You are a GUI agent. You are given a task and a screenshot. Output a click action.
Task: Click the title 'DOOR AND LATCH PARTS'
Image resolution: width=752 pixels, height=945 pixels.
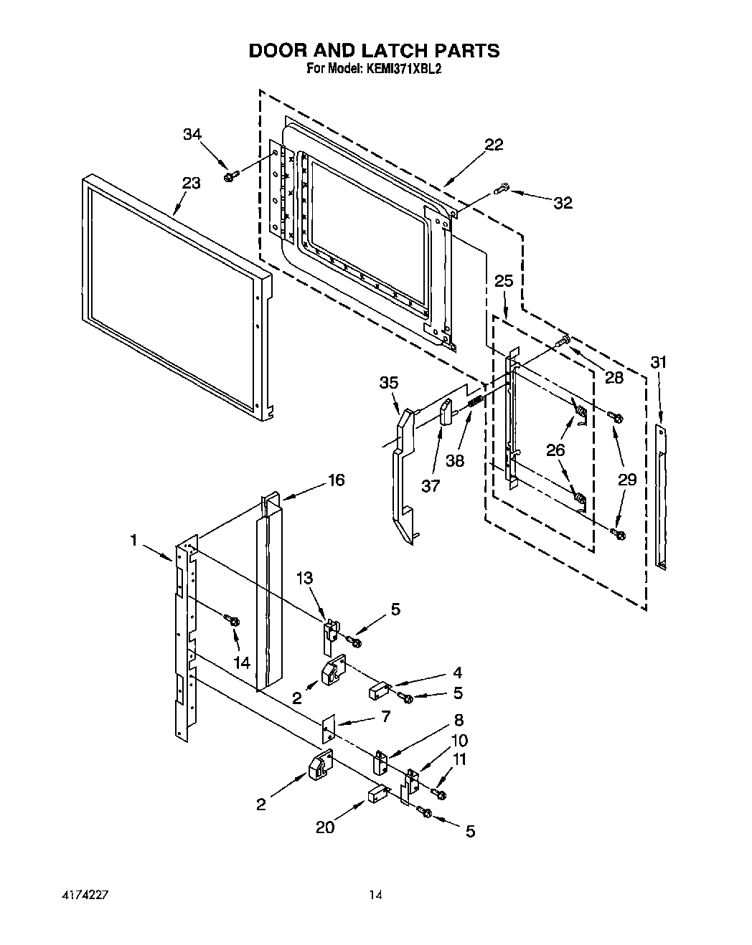pyautogui.click(x=374, y=51)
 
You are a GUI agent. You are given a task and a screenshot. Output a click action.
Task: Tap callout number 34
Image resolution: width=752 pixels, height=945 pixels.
pyautogui.click(x=192, y=134)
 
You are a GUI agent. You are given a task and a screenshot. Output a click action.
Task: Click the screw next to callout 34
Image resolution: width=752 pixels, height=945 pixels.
pyautogui.click(x=230, y=176)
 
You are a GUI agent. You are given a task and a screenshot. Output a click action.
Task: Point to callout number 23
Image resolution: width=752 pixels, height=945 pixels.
pyautogui.click(x=190, y=184)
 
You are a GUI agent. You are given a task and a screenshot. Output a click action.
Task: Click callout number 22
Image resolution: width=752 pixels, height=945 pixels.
pyautogui.click(x=494, y=145)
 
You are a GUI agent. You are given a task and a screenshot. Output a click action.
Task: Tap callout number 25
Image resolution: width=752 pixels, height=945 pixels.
pyautogui.click(x=504, y=280)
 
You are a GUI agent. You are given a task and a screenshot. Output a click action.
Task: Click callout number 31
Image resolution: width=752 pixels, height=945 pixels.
pyautogui.click(x=658, y=363)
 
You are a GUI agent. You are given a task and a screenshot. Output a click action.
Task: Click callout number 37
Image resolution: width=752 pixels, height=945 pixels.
pyautogui.click(x=430, y=486)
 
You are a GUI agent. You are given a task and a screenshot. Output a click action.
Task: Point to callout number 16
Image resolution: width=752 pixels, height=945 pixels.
pyautogui.click(x=336, y=480)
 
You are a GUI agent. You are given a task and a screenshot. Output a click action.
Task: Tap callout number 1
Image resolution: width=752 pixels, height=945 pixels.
pyautogui.click(x=133, y=540)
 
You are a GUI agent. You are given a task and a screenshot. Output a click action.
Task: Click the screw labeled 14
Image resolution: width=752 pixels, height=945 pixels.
pyautogui.click(x=232, y=619)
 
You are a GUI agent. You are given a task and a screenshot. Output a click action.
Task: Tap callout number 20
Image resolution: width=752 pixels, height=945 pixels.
pyautogui.click(x=325, y=827)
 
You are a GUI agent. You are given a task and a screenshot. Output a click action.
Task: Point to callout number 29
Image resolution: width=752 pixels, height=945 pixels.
pyautogui.click(x=627, y=480)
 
